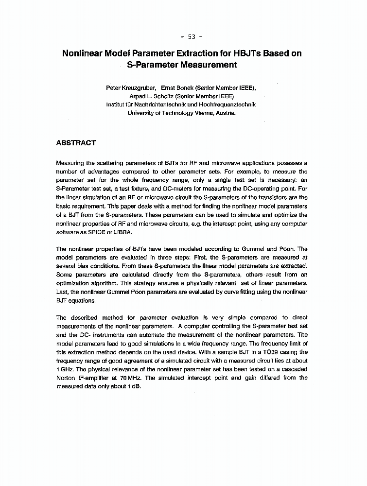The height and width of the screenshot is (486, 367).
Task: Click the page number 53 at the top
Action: coord(191,36)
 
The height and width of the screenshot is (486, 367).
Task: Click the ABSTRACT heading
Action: coord(76,143)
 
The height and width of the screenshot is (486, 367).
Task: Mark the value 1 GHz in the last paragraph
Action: coord(64,370)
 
